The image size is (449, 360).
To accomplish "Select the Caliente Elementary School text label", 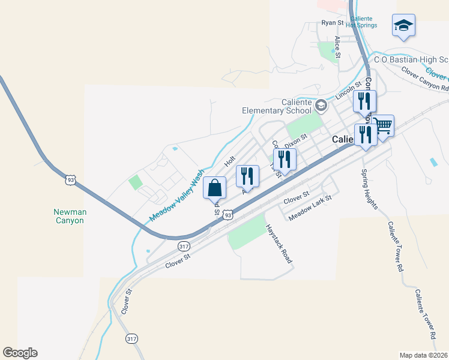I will (277, 106).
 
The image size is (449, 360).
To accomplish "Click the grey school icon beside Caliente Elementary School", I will (321, 106).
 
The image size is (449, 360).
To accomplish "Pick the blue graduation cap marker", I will (403, 26).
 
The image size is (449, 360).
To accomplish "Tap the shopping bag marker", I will (215, 188).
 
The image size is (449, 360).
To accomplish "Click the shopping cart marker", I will (382, 127).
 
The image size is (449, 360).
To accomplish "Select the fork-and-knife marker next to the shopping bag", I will (247, 177).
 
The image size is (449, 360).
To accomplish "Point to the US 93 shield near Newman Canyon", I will (71, 179).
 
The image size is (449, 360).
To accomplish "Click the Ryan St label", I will (331, 23).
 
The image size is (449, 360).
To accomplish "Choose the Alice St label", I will (338, 47).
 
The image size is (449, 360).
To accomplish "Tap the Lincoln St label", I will (348, 91).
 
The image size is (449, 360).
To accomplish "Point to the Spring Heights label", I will (369, 189).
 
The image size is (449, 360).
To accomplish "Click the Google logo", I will (20, 353).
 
